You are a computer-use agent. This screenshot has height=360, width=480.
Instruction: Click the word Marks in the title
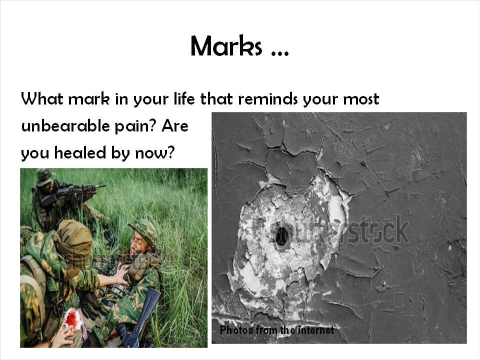226,46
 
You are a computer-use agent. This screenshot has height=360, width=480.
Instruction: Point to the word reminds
267,98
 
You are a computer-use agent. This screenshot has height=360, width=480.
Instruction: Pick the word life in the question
184,98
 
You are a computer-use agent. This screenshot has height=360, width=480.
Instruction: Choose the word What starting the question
42,98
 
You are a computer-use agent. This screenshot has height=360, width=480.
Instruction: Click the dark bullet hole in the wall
281,236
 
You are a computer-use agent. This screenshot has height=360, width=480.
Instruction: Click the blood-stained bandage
72,319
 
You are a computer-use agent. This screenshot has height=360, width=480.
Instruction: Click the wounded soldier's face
138,243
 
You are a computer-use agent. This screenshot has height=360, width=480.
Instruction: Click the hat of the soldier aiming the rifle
45,176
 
